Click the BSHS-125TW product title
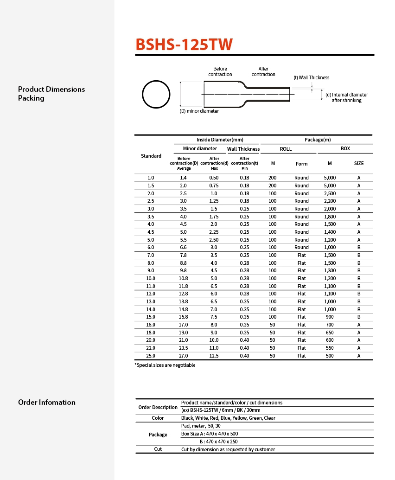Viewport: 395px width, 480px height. [184, 45]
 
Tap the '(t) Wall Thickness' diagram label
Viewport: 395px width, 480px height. [312, 77]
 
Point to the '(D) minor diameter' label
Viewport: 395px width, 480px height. [199, 111]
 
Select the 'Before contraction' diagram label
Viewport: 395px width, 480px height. [220, 71]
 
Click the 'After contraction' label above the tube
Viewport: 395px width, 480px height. [263, 71]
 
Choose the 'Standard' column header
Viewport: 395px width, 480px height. [151, 156]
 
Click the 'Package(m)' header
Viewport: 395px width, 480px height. [317, 140]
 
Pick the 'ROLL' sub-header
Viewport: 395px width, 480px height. [286, 149]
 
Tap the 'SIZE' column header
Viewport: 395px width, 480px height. [359, 163]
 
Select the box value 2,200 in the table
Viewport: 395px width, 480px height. [330, 201]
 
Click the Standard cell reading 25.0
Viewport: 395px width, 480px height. [151, 356]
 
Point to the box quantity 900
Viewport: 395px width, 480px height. [330, 317]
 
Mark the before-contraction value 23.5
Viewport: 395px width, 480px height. [184, 348]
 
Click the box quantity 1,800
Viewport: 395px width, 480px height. [330, 217]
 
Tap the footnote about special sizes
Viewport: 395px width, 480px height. [165, 365]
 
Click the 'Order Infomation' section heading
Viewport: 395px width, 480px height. [47, 402]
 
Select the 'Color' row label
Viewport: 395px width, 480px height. [158, 418]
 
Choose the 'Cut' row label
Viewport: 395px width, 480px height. [158, 449]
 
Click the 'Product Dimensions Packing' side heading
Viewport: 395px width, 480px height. [51, 94]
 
